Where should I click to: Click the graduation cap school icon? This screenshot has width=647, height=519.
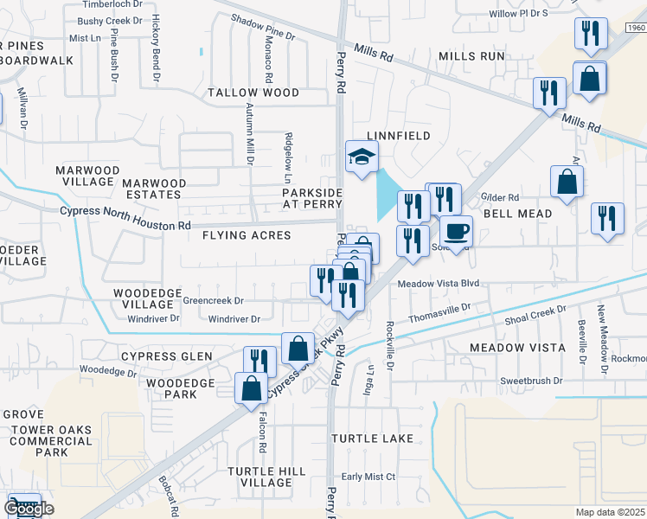362,157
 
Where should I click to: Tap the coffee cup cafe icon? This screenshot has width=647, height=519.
457,231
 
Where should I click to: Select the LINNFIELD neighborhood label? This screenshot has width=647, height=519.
398,136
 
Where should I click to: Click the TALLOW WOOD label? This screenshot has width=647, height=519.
253,93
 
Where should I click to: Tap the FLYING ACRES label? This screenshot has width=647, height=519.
247,235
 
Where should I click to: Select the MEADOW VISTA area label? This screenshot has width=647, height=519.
517,347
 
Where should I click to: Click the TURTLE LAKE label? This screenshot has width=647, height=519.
373,439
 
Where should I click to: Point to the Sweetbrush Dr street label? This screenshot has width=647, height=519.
531,381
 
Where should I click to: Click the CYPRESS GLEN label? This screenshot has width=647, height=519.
167,356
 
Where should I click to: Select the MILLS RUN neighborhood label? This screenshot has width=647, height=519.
471,56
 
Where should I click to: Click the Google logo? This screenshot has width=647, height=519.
29,509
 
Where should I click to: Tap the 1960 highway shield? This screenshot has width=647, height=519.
637,29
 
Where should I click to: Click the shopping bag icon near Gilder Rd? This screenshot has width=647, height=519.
567,183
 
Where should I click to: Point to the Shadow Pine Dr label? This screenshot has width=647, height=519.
264,29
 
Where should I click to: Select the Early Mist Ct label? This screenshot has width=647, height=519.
368,477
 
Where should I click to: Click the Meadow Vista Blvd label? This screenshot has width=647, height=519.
438,283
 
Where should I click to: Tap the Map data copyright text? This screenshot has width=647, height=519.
611,512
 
